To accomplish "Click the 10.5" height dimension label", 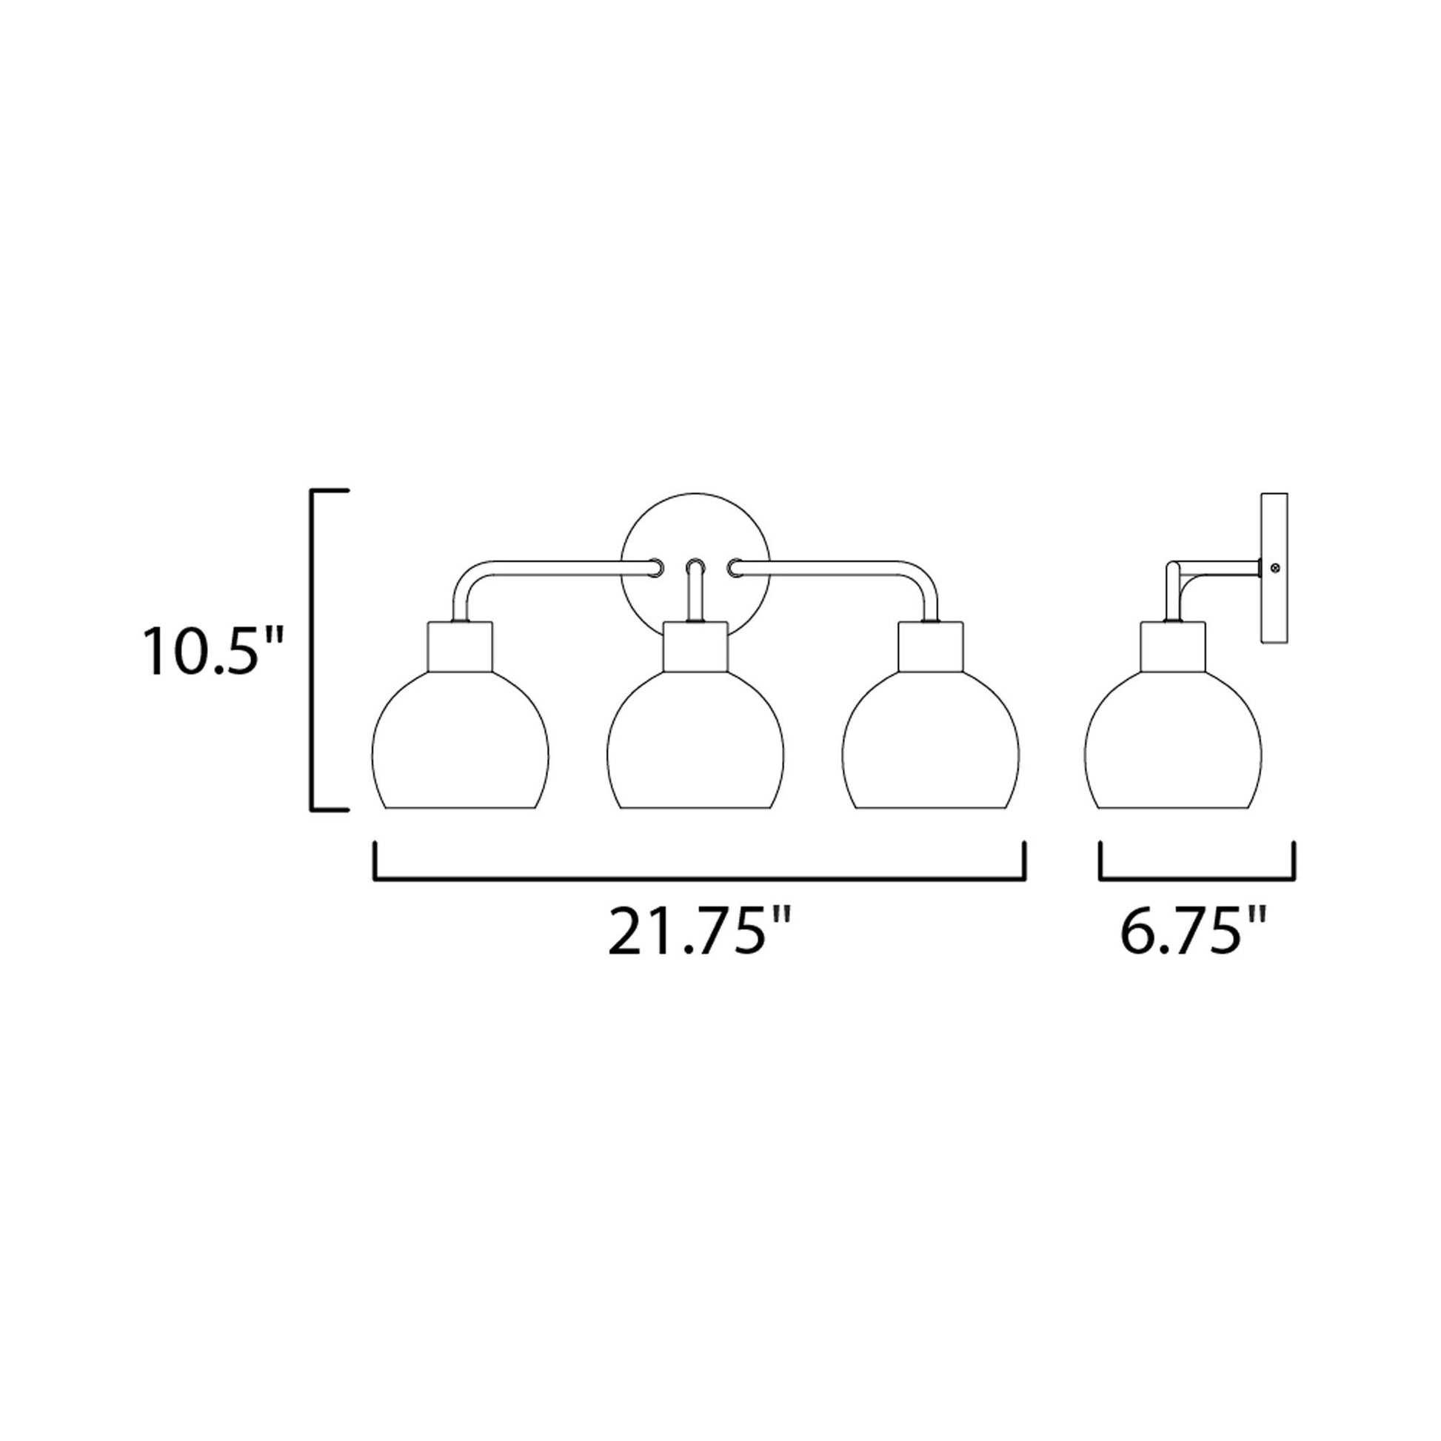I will pyautogui.click(x=214, y=651).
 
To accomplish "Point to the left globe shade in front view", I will pyautogui.click(x=459, y=746).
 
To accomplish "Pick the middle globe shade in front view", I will pyautogui.click(x=695, y=746).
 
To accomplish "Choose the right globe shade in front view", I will pyautogui.click(x=931, y=746).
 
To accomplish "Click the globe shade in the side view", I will pyautogui.click(x=1172, y=746).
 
